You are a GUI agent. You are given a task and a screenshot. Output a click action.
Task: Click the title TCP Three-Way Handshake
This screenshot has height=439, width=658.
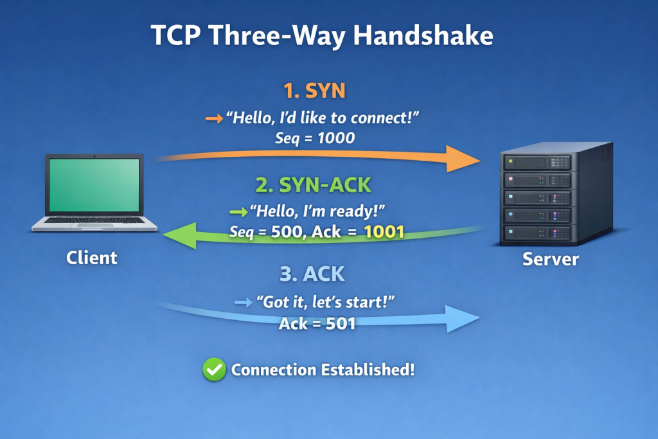coord(321,35)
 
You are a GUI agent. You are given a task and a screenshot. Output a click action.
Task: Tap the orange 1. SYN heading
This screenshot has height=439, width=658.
coord(314,91)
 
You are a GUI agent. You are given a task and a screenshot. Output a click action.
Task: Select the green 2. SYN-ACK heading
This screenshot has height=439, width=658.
coord(313,185)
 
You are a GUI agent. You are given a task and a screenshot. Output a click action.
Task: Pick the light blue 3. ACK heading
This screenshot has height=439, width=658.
coord(312,274)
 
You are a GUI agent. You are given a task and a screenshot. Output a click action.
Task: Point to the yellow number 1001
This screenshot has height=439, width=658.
coord(384,232)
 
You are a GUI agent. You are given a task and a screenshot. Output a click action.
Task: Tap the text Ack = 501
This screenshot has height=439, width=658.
coord(317,324)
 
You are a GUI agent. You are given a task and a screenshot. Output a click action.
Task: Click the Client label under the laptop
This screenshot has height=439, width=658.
coord(92,258)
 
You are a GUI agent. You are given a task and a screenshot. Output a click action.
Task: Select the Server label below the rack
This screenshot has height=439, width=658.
coord(550,260)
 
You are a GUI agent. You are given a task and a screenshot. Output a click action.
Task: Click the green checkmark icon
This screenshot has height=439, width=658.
coord(214,370)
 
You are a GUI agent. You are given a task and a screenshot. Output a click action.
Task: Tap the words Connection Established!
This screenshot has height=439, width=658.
coord(323,370)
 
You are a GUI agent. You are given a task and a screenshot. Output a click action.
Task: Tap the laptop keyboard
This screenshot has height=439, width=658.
coord(95,220)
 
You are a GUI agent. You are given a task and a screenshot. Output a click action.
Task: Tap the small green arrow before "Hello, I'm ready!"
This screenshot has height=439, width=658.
coord(237,211)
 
